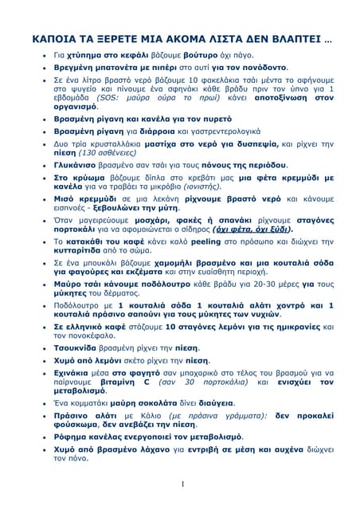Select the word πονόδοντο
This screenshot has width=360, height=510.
(264, 69)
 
